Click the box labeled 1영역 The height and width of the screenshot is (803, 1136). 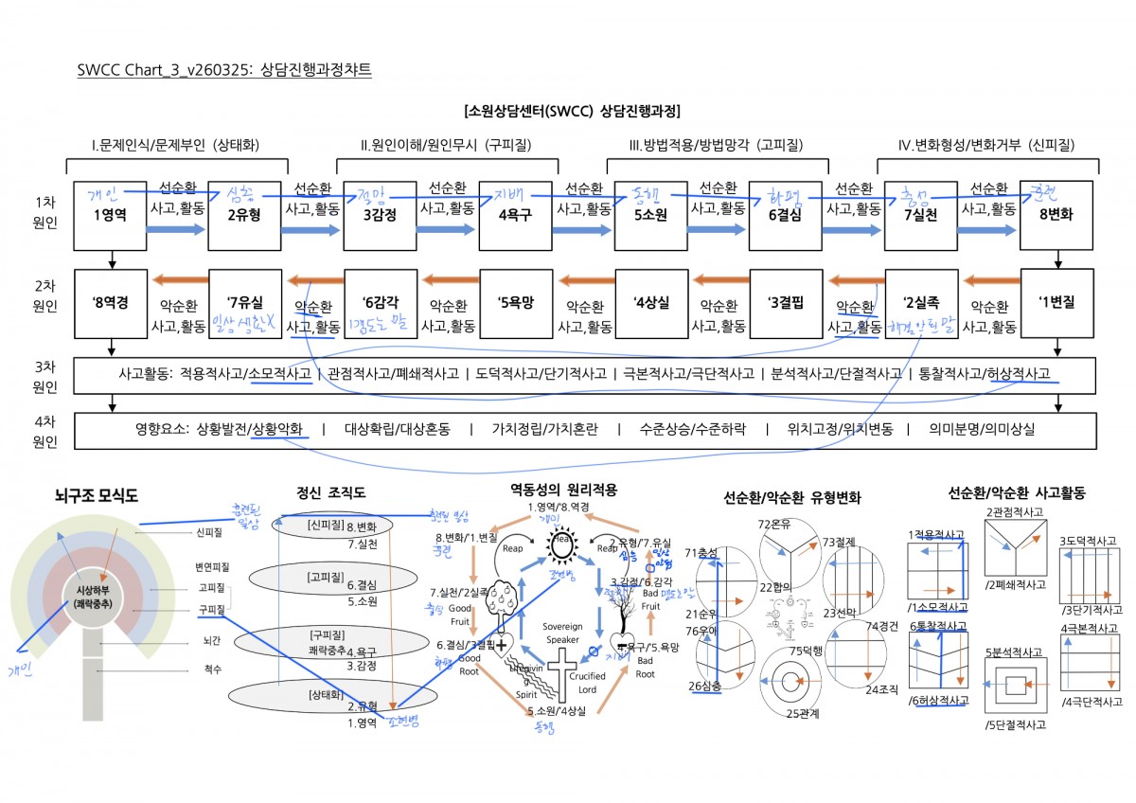111,215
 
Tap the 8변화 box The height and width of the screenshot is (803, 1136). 1056,215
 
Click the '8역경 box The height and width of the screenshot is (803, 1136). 111,304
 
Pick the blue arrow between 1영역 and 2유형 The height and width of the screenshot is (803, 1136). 178,230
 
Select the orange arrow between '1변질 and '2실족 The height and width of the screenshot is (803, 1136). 989,280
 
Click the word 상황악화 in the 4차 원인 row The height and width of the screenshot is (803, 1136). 278,429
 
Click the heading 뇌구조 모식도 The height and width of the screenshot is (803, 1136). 96,494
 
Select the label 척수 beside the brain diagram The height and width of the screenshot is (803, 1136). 213,669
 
